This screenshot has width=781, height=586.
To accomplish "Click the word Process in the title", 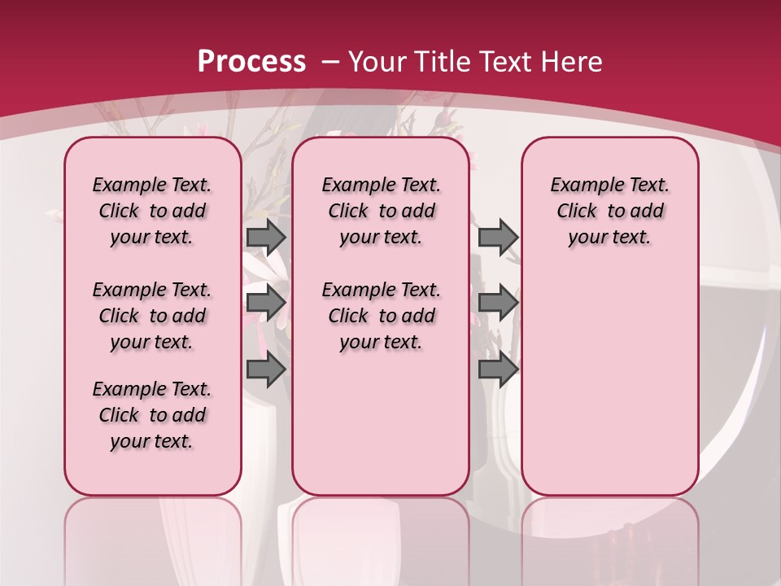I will pyautogui.click(x=251, y=61).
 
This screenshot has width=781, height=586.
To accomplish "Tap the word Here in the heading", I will pyautogui.click(x=571, y=61).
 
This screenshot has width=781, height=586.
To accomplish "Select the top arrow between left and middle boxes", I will pyautogui.click(x=266, y=237).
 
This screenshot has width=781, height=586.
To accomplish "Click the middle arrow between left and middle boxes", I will pyautogui.click(x=266, y=303).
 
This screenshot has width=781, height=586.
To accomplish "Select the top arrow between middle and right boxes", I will pyautogui.click(x=498, y=237).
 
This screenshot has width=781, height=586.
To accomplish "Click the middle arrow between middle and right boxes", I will pyautogui.click(x=498, y=303).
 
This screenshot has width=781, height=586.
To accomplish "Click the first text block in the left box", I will pyautogui.click(x=152, y=211).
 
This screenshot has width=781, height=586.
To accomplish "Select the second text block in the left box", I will pyautogui.click(x=152, y=316).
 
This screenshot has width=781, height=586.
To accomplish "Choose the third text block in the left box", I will pyautogui.click(x=152, y=415).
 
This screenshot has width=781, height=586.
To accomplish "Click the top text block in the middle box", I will pyautogui.click(x=381, y=211).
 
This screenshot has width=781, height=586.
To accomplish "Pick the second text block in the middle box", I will pyautogui.click(x=381, y=316).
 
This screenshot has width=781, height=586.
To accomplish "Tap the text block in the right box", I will pyautogui.click(x=609, y=211).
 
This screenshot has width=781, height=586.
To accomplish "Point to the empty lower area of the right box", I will pyautogui.click(x=609, y=383).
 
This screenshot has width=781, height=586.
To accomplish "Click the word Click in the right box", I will pyautogui.click(x=577, y=211).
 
